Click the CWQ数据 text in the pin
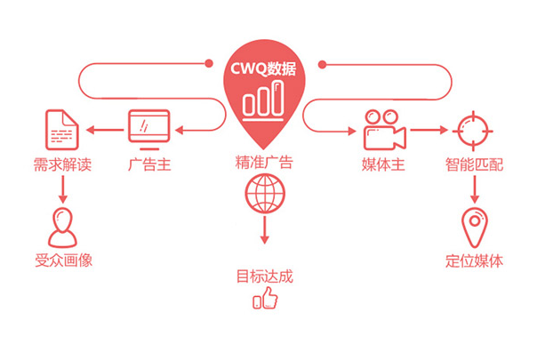[264, 68]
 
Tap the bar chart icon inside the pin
[264, 100]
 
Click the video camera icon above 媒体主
[383, 131]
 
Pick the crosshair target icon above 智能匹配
[472, 132]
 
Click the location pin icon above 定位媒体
[473, 227]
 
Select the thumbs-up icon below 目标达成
[265, 300]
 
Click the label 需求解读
[62, 164]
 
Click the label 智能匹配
[474, 164]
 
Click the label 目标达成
[264, 276]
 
